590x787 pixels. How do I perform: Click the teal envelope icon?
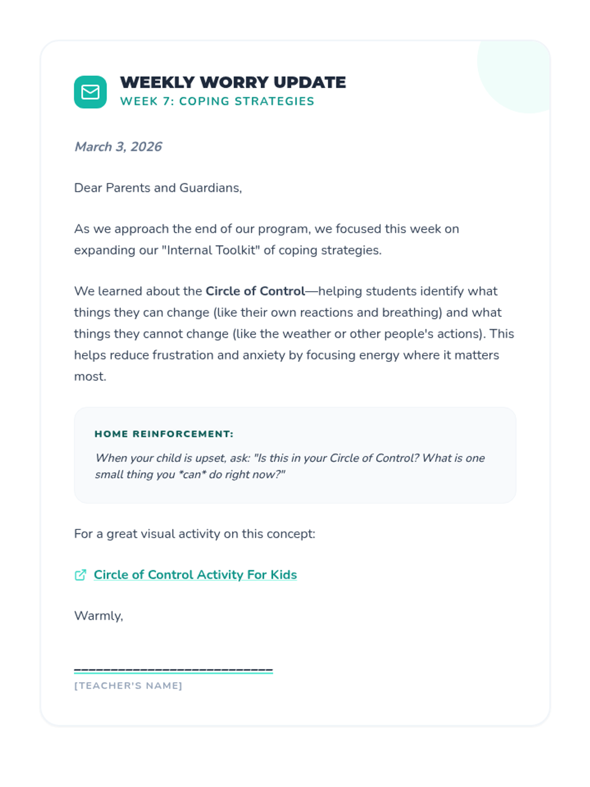(90, 92)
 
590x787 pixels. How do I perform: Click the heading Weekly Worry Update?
(233, 82)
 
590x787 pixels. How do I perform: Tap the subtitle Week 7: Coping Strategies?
(217, 101)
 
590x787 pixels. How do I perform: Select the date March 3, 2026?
(118, 147)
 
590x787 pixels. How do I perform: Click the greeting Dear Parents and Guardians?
(158, 188)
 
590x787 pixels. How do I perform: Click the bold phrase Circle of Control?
(255, 291)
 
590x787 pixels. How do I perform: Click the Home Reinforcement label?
(164, 434)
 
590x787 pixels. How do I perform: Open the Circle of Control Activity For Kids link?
(195, 575)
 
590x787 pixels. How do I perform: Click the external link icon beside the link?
(81, 575)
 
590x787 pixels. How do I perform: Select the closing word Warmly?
(98, 616)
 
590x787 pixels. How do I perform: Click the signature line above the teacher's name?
(173, 670)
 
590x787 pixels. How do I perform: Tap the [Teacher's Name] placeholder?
(128, 686)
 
